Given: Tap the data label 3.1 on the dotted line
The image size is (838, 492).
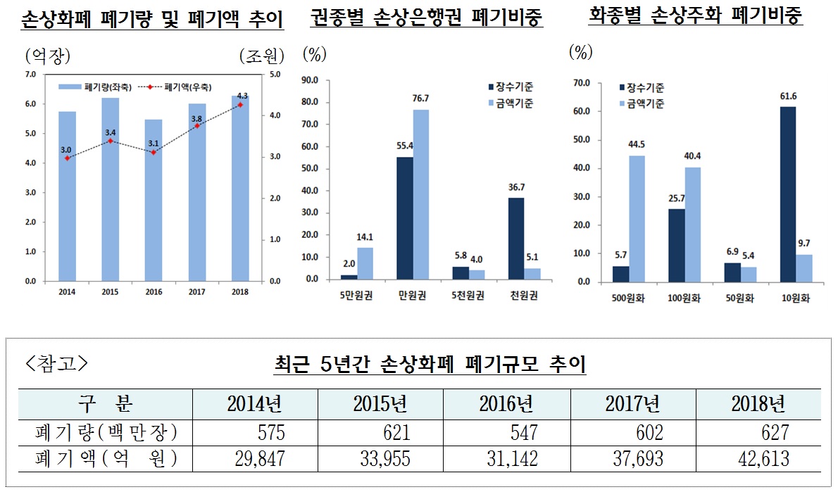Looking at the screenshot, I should (154, 144).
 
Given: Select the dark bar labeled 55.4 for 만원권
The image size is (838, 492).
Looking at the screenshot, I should (405, 218).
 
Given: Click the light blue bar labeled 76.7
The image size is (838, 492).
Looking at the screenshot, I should (422, 195).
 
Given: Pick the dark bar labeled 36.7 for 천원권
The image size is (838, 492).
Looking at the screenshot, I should (517, 239).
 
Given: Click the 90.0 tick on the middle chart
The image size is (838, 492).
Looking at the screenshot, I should (310, 80).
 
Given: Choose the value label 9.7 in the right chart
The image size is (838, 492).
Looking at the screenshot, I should (803, 244).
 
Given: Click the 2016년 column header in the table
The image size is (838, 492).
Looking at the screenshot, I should (506, 404).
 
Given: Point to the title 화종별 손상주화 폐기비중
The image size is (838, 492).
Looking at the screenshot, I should (696, 16).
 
